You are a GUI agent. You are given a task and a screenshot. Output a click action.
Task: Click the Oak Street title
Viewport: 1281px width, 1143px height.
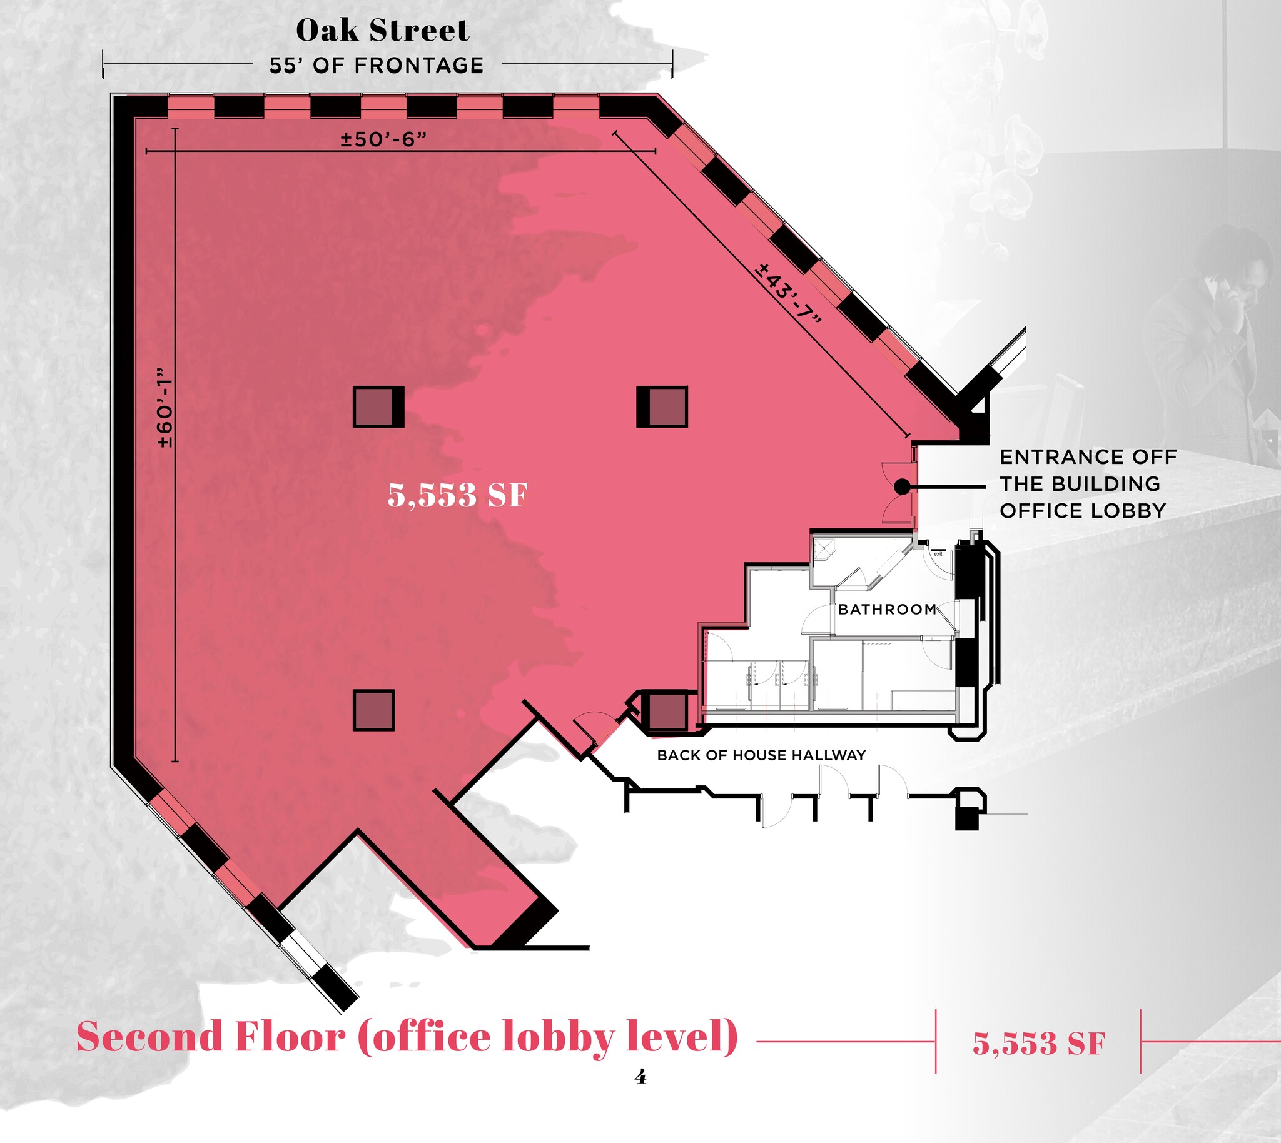pos(383,30)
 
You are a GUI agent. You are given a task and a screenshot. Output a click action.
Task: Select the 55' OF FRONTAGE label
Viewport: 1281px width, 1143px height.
pos(377,65)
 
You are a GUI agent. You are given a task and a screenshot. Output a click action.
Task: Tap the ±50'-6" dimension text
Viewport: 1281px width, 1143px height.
pos(384,139)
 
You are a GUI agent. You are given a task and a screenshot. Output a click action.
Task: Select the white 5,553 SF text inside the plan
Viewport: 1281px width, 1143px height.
pos(457,495)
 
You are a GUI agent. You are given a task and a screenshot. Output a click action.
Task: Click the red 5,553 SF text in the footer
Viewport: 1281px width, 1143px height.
pos(1038,1043)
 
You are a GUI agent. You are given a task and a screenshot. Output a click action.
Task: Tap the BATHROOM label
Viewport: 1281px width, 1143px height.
pos(887,609)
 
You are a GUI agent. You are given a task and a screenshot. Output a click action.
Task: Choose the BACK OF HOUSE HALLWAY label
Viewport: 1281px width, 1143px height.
pos(761,755)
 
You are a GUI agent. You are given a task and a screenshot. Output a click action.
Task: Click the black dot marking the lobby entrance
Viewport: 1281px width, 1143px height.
pos(902,486)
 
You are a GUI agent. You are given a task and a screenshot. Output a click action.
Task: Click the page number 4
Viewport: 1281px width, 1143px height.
pos(640,1077)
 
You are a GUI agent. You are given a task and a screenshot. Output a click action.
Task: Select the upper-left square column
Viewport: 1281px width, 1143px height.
pos(378,407)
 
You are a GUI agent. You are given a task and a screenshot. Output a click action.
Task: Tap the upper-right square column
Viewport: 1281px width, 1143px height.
pos(662,407)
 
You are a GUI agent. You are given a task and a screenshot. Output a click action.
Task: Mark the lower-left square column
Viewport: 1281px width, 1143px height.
pos(374,710)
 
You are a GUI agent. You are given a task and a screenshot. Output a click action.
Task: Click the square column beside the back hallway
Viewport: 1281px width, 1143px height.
pos(666,712)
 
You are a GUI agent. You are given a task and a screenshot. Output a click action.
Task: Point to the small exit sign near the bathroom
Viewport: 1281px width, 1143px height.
pos(938,553)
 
